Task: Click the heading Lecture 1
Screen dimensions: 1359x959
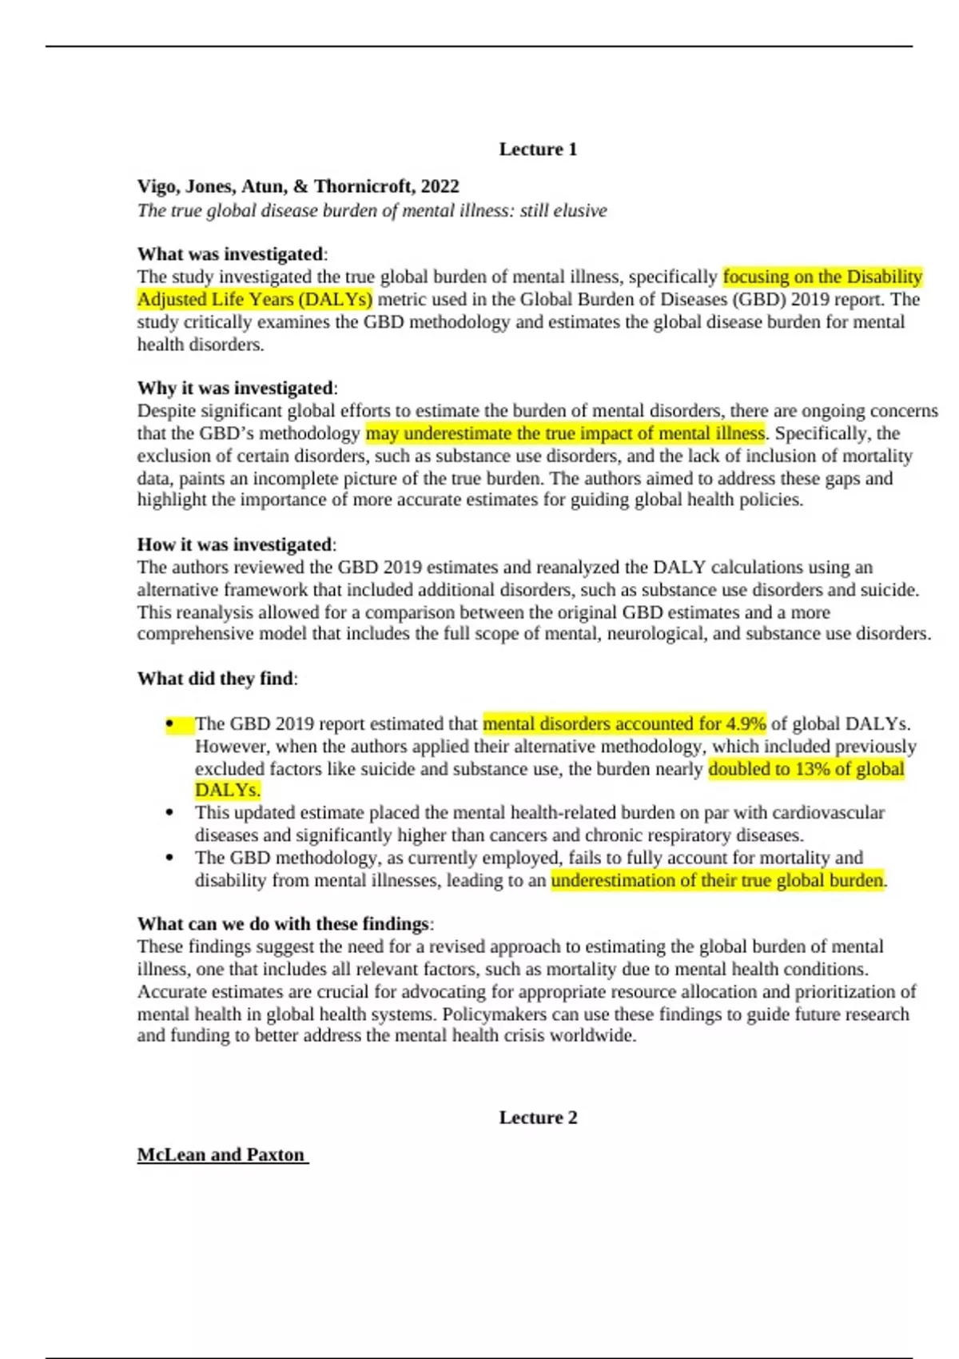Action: [538, 149]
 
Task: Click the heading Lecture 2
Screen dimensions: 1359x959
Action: [538, 1118]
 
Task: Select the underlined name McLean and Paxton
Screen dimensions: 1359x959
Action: [221, 1155]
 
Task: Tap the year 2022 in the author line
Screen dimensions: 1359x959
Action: [440, 186]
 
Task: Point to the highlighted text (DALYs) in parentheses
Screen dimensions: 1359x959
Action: [334, 300]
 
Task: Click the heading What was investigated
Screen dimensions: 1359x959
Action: [230, 254]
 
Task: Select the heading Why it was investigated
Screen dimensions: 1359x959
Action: [236, 388]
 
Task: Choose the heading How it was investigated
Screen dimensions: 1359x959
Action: [235, 544]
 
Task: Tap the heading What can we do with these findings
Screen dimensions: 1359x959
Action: [284, 924]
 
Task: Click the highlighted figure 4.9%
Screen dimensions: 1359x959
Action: [746, 724]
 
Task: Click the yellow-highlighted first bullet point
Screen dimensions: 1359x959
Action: [170, 724]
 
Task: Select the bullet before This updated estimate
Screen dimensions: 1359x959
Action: [169, 813]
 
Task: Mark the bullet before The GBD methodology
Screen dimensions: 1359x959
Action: [169, 858]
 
